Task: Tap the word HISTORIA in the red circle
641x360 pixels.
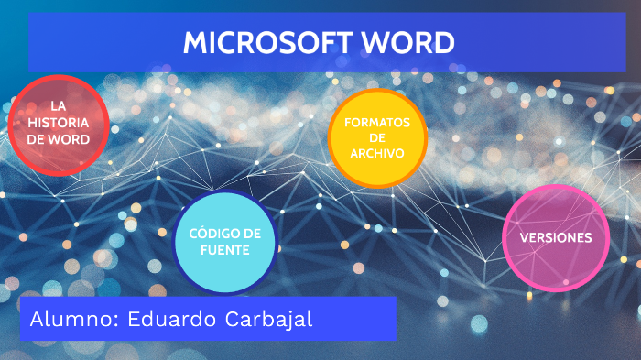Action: click(x=58, y=123)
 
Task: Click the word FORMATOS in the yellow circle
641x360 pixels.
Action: click(x=377, y=122)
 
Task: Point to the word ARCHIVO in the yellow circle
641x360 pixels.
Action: click(x=377, y=153)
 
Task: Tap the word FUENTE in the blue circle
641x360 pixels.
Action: click(x=225, y=250)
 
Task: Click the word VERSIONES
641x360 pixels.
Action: click(x=556, y=237)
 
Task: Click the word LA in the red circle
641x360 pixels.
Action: click(x=58, y=106)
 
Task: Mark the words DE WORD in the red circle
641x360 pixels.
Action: click(x=58, y=139)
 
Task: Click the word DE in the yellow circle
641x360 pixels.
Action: click(x=377, y=137)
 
